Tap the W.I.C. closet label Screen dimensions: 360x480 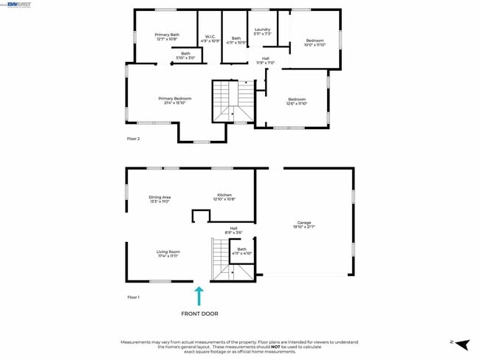pos(210,38)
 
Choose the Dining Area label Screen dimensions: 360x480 pos(160,198)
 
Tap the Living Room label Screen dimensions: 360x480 pos(168,254)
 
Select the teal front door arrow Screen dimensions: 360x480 pos(198,296)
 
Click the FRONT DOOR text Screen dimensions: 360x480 pos(199,314)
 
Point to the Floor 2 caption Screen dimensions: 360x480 pos(134,138)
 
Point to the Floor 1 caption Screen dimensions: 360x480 pos(134,297)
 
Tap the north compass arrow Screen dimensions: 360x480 pos(461,344)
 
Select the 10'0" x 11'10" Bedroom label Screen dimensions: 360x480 pos(315,42)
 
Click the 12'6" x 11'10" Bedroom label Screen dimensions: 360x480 pos(297,101)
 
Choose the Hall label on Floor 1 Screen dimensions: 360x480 pos(233,230)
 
